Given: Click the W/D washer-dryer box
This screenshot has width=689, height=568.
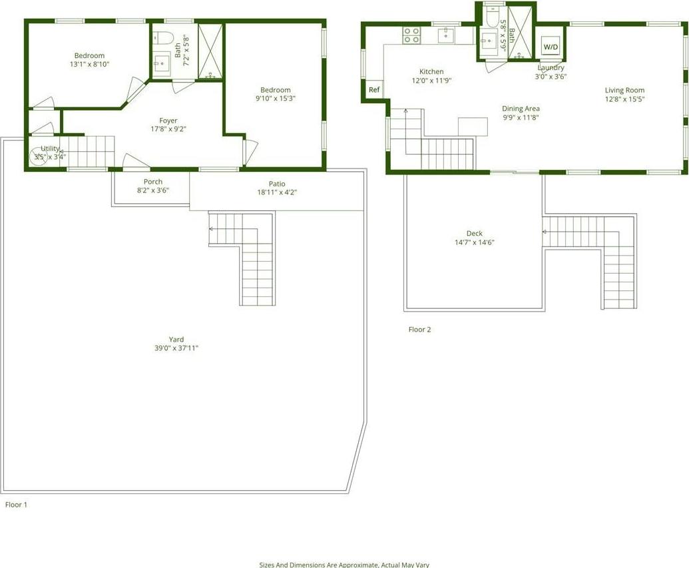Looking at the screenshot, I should pyautogui.click(x=551, y=47).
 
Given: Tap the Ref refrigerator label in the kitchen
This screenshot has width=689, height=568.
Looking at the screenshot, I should pyautogui.click(x=374, y=90).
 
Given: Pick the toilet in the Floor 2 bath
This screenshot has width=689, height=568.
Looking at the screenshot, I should pyautogui.click(x=491, y=21).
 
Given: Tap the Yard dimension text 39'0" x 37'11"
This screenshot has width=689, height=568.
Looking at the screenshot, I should pyautogui.click(x=176, y=348).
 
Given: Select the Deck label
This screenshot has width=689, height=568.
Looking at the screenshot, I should pyautogui.click(x=474, y=233).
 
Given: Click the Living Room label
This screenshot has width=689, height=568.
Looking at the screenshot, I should pyautogui.click(x=624, y=90).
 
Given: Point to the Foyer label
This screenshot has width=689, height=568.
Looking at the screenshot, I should pyautogui.click(x=168, y=121).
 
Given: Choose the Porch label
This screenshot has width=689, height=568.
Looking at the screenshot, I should pyautogui.click(x=153, y=182).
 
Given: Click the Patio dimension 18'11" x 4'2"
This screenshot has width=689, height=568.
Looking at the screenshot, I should pyautogui.click(x=277, y=192).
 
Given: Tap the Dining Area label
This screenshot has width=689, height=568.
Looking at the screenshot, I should pyautogui.click(x=521, y=109).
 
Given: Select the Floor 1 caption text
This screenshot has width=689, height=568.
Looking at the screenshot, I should pyautogui.click(x=16, y=505).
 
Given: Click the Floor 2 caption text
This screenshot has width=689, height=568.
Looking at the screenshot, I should pyautogui.click(x=419, y=330).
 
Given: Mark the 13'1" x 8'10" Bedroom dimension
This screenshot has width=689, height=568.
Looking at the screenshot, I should pyautogui.click(x=89, y=65).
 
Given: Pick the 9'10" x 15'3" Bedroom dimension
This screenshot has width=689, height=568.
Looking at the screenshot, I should pyautogui.click(x=276, y=99).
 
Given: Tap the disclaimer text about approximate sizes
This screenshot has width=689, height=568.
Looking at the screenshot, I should pyautogui.click(x=344, y=564).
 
